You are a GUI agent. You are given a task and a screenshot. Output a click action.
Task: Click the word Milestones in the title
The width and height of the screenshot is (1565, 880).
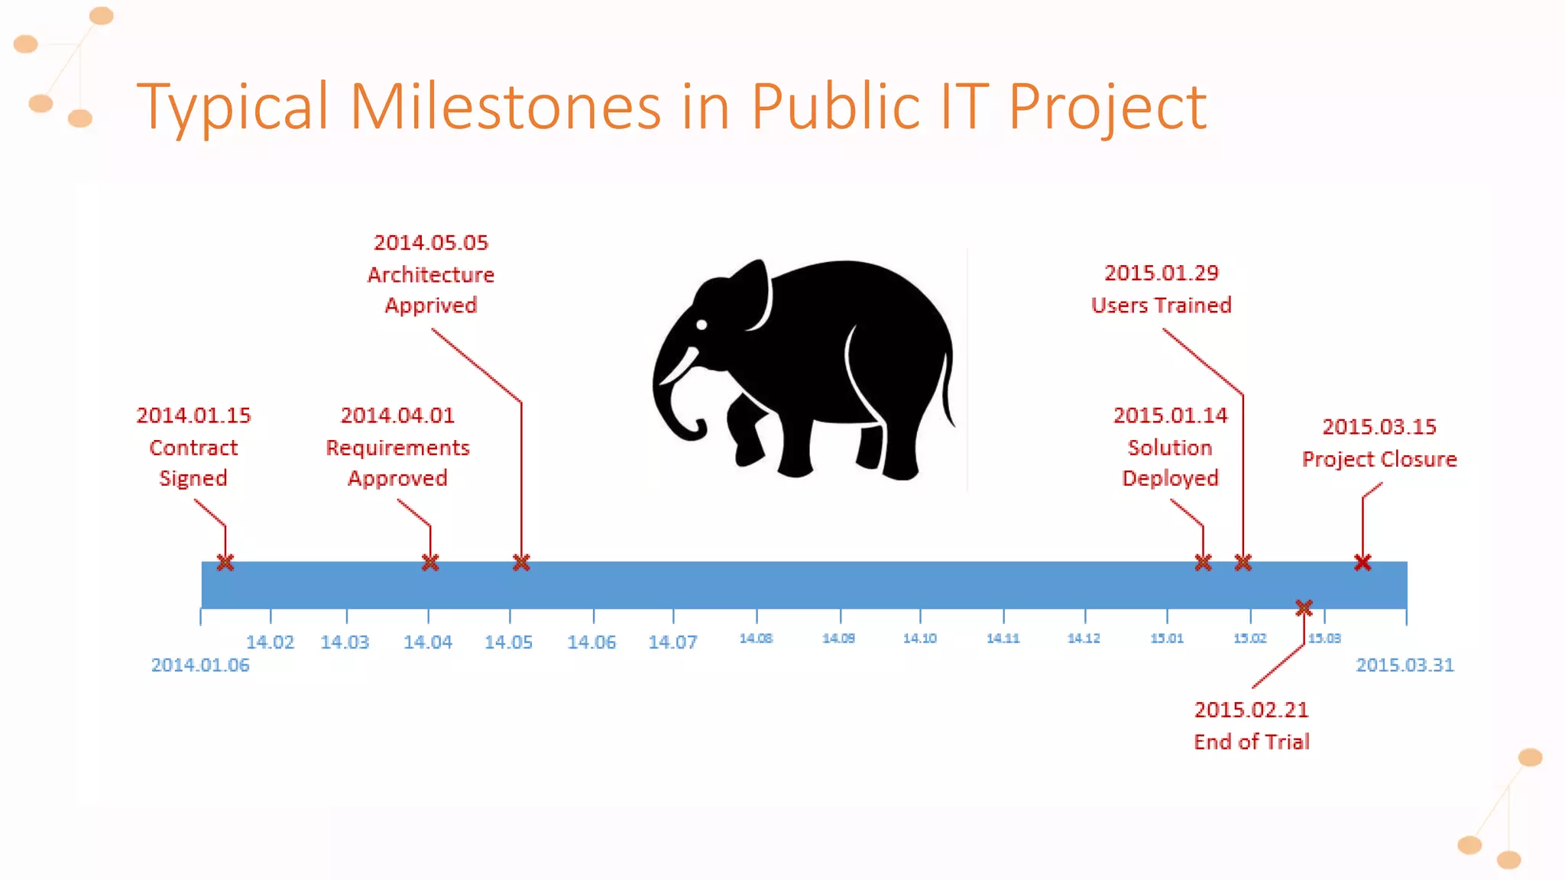[505, 106]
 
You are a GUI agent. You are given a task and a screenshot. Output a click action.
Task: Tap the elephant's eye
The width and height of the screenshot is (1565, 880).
[701, 325]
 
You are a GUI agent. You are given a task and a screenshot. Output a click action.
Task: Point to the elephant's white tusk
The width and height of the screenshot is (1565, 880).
[679, 367]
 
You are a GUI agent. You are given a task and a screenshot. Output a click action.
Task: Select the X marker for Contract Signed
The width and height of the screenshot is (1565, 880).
[225, 563]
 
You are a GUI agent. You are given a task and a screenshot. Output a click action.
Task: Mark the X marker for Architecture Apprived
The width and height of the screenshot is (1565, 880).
[521, 563]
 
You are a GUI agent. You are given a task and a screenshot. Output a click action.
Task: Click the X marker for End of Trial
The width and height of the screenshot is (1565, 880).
[1304, 608]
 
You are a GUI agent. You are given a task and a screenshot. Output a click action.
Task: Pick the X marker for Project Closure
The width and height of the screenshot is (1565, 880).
[1362, 563]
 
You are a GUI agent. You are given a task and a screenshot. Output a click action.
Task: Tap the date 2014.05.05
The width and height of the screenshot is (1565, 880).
[431, 243]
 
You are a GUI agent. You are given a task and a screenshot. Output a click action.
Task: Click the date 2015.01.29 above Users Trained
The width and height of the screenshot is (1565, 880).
[1162, 273]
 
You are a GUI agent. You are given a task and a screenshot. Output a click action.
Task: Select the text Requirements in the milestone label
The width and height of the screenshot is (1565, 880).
[397, 448]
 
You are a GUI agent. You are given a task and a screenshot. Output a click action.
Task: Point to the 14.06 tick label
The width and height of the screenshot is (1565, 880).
[591, 642]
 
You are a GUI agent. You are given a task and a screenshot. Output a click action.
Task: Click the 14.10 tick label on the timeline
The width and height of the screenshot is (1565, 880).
[919, 639]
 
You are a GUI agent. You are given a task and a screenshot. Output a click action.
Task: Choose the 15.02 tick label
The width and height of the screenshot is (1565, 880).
[1249, 639]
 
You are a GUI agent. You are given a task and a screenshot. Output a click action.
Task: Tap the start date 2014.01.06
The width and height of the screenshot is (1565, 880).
[200, 665]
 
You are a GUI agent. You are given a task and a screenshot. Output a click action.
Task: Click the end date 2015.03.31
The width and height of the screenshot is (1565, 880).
[1405, 665]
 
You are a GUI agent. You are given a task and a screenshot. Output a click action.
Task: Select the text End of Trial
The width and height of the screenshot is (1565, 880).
[1252, 742]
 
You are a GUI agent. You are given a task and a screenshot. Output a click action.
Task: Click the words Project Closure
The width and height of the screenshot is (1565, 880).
[1379, 459]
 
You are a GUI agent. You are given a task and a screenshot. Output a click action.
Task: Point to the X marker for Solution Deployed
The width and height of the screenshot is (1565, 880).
[1203, 563]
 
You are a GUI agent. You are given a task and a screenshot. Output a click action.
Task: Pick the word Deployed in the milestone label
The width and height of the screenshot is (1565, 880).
[1170, 478]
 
